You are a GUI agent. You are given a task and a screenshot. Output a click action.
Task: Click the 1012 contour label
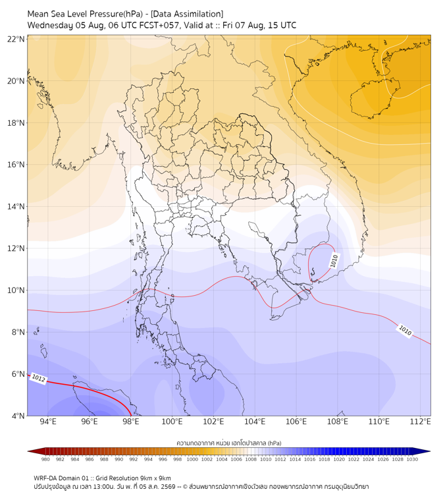[38, 378]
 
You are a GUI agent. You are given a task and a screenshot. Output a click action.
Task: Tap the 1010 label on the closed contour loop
[334, 261]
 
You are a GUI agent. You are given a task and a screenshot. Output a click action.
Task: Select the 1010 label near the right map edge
[405, 331]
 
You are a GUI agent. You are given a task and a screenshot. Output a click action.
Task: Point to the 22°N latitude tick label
[16, 39]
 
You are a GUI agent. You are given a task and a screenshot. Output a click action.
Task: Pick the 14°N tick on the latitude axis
[16, 206]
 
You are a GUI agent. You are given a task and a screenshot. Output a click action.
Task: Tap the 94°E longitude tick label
[48, 422]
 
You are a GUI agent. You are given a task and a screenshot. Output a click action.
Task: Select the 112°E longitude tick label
[421, 422]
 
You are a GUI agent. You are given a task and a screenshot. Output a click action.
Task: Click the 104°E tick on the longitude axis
[255, 422]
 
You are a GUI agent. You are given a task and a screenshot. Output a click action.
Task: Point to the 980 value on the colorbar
[45, 459]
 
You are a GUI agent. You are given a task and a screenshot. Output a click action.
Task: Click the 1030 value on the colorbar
[412, 459]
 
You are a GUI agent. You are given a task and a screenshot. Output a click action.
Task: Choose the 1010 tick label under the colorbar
[266, 459]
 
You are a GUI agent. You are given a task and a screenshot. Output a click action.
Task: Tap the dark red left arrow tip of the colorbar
[28, 451]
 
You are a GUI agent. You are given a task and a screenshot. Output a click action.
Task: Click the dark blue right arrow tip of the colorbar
[429, 451]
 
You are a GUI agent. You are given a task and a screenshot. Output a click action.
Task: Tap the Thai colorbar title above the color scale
[229, 443]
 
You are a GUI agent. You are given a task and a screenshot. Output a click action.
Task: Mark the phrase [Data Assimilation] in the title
[187, 14]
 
